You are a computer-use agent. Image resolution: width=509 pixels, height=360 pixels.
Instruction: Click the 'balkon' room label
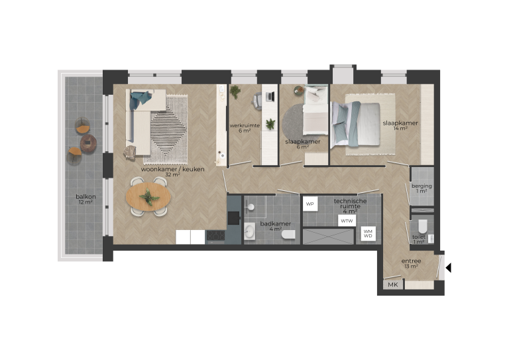pyautogui.click(x=84, y=196)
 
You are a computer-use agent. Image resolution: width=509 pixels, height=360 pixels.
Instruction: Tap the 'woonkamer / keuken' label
pyautogui.click(x=172, y=170)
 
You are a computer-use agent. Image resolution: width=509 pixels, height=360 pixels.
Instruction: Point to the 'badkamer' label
pyautogui.click(x=273, y=223)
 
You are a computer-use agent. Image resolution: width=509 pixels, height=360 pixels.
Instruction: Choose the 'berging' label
pyautogui.click(x=422, y=186)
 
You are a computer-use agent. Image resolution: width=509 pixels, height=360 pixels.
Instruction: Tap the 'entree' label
pyautogui.click(x=411, y=261)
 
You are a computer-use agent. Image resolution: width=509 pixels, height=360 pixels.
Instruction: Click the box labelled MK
pyautogui.click(x=392, y=285)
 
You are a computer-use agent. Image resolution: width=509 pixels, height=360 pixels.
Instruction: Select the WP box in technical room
pyautogui.click(x=310, y=204)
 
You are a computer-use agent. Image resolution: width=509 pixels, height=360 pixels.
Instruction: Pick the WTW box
pyautogui.click(x=346, y=220)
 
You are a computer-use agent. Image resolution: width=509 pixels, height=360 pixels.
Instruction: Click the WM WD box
pyautogui.click(x=367, y=233)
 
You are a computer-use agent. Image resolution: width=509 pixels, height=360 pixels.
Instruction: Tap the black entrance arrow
pyautogui.click(x=449, y=268)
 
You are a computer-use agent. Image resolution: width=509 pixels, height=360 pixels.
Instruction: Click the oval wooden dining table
pyautogui.click(x=148, y=197)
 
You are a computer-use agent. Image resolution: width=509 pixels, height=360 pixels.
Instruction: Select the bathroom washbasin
pyautogui.click(x=251, y=231)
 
